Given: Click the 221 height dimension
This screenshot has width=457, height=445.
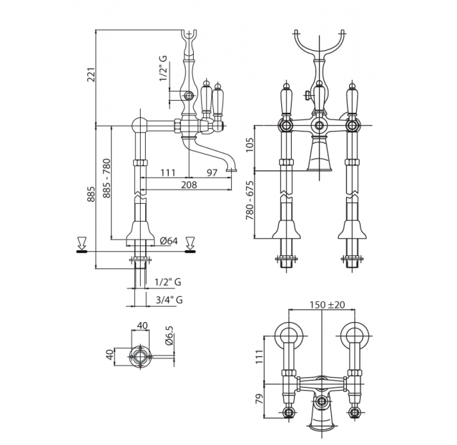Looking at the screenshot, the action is click(x=92, y=74).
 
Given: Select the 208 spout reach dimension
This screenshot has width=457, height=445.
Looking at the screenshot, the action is click(x=189, y=185).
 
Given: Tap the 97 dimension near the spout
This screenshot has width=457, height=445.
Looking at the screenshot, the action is click(x=212, y=172).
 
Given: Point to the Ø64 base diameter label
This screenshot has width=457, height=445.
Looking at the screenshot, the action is click(x=169, y=241).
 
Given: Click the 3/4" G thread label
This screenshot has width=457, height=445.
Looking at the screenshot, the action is click(x=169, y=300).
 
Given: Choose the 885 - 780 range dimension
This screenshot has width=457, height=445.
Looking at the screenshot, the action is click(x=107, y=178).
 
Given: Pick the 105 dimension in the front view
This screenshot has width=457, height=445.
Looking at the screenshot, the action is click(x=250, y=145).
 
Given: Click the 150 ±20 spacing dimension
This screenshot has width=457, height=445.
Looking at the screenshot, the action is click(x=327, y=305).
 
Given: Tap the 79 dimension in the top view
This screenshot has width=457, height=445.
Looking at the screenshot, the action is click(x=259, y=398).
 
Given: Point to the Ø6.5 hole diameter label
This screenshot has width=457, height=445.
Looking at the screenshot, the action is click(x=170, y=336).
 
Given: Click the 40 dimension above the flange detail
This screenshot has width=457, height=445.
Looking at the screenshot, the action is click(x=142, y=325).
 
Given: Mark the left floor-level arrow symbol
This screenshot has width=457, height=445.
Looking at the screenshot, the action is click(x=82, y=244).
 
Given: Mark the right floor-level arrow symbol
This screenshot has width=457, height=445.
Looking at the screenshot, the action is click(x=191, y=244).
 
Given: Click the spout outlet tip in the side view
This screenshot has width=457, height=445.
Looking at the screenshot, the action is click(x=232, y=170).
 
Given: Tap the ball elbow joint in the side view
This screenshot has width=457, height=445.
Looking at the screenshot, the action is click(x=140, y=125).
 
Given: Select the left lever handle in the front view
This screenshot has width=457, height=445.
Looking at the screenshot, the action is click(x=287, y=99).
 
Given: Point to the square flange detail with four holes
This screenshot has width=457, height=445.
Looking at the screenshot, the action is click(x=141, y=357).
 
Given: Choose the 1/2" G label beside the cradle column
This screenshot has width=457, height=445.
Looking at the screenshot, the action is click(x=164, y=68).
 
